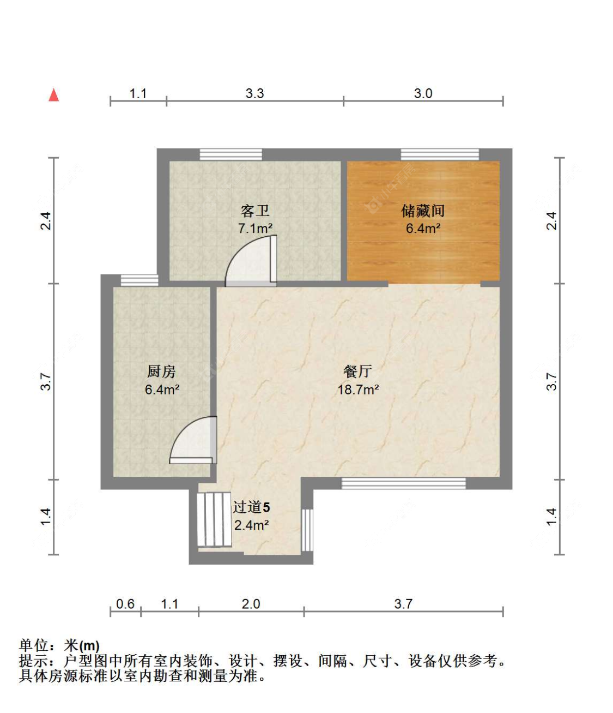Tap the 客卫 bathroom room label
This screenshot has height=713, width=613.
coord(254,211)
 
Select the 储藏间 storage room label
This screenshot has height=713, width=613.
coord(423,211)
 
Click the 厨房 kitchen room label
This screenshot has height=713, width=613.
coord(161,372)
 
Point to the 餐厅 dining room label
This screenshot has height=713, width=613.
coord(357,372)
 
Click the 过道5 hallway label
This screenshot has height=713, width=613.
coord(251,507)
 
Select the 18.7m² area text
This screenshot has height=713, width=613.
coord(358,390)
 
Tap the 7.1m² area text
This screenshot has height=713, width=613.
coord(255,229)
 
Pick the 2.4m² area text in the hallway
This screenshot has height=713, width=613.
coord(251,525)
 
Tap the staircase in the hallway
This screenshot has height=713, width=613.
coord(214,519)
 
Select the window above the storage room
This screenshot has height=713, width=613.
coord(440,154)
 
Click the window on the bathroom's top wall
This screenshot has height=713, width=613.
coord(230,154)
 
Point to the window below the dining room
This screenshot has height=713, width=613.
coord(403,483)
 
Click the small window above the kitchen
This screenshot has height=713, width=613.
coord(139,280)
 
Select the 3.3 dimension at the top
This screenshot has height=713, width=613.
coord(254,93)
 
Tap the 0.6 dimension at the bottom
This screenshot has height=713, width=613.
coord(125,604)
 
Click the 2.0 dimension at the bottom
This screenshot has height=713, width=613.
coord(251,604)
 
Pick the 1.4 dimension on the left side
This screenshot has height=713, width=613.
coord(46,517)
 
